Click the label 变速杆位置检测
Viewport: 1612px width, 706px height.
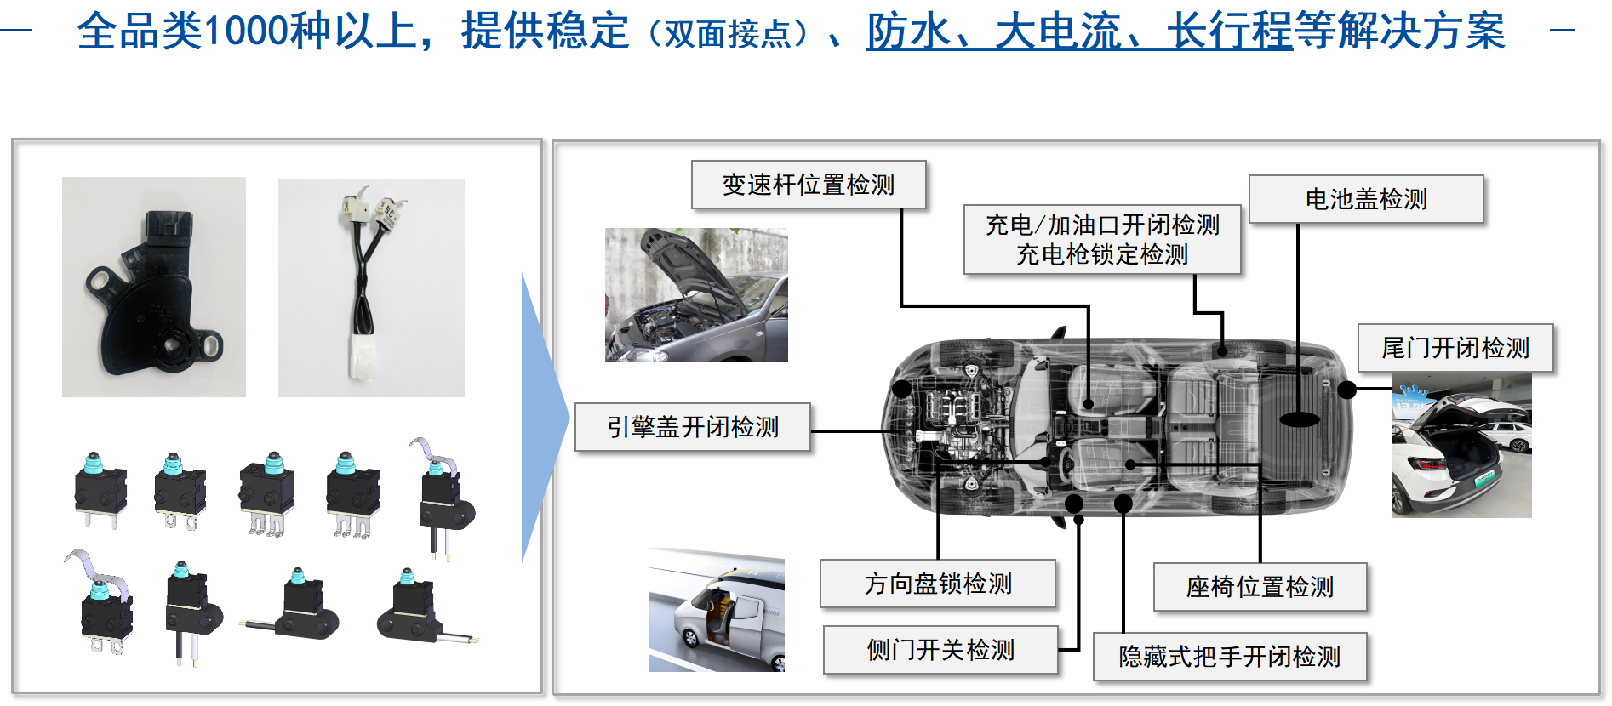coord(808,185)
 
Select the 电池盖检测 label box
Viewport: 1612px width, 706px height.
coord(1365,199)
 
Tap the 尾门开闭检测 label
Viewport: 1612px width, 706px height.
coord(1455,348)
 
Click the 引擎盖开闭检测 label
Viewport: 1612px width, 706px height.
coord(692,427)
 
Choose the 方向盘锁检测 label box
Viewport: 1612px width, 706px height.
coord(937,584)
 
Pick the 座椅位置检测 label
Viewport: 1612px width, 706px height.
coord(1260,587)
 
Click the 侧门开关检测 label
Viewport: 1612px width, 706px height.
coord(940,650)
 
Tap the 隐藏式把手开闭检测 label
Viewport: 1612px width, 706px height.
coord(1229,657)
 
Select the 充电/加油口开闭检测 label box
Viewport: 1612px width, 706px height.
coord(1101,239)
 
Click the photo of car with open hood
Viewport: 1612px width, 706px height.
coord(696,295)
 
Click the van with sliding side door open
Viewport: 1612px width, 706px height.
coord(717,610)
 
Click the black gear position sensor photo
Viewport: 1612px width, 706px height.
coord(154,287)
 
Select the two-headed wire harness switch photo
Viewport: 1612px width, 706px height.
coord(371,287)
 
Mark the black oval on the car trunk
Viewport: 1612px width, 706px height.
coord(1299,419)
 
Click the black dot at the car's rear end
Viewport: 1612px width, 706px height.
coord(1346,390)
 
